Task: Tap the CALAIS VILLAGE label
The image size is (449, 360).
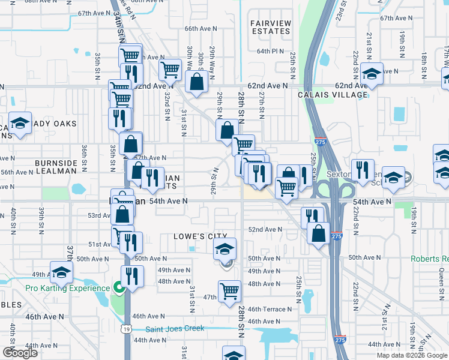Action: click(333, 95)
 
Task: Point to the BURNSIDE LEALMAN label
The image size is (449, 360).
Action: click(56, 167)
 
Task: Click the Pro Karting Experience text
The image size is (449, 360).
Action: click(68, 288)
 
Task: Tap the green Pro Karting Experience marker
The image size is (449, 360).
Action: click(119, 289)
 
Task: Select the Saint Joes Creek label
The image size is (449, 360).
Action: click(176, 328)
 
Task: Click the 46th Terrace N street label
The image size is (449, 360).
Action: click(269, 309)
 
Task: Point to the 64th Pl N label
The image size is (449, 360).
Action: click(270, 52)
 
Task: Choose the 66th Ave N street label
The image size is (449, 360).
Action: click(199, 29)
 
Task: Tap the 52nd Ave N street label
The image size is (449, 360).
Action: click(265, 230)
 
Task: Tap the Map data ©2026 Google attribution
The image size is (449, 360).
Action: click(412, 355)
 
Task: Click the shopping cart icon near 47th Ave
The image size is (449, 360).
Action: click(229, 291)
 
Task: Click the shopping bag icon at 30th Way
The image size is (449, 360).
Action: click(197, 82)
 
